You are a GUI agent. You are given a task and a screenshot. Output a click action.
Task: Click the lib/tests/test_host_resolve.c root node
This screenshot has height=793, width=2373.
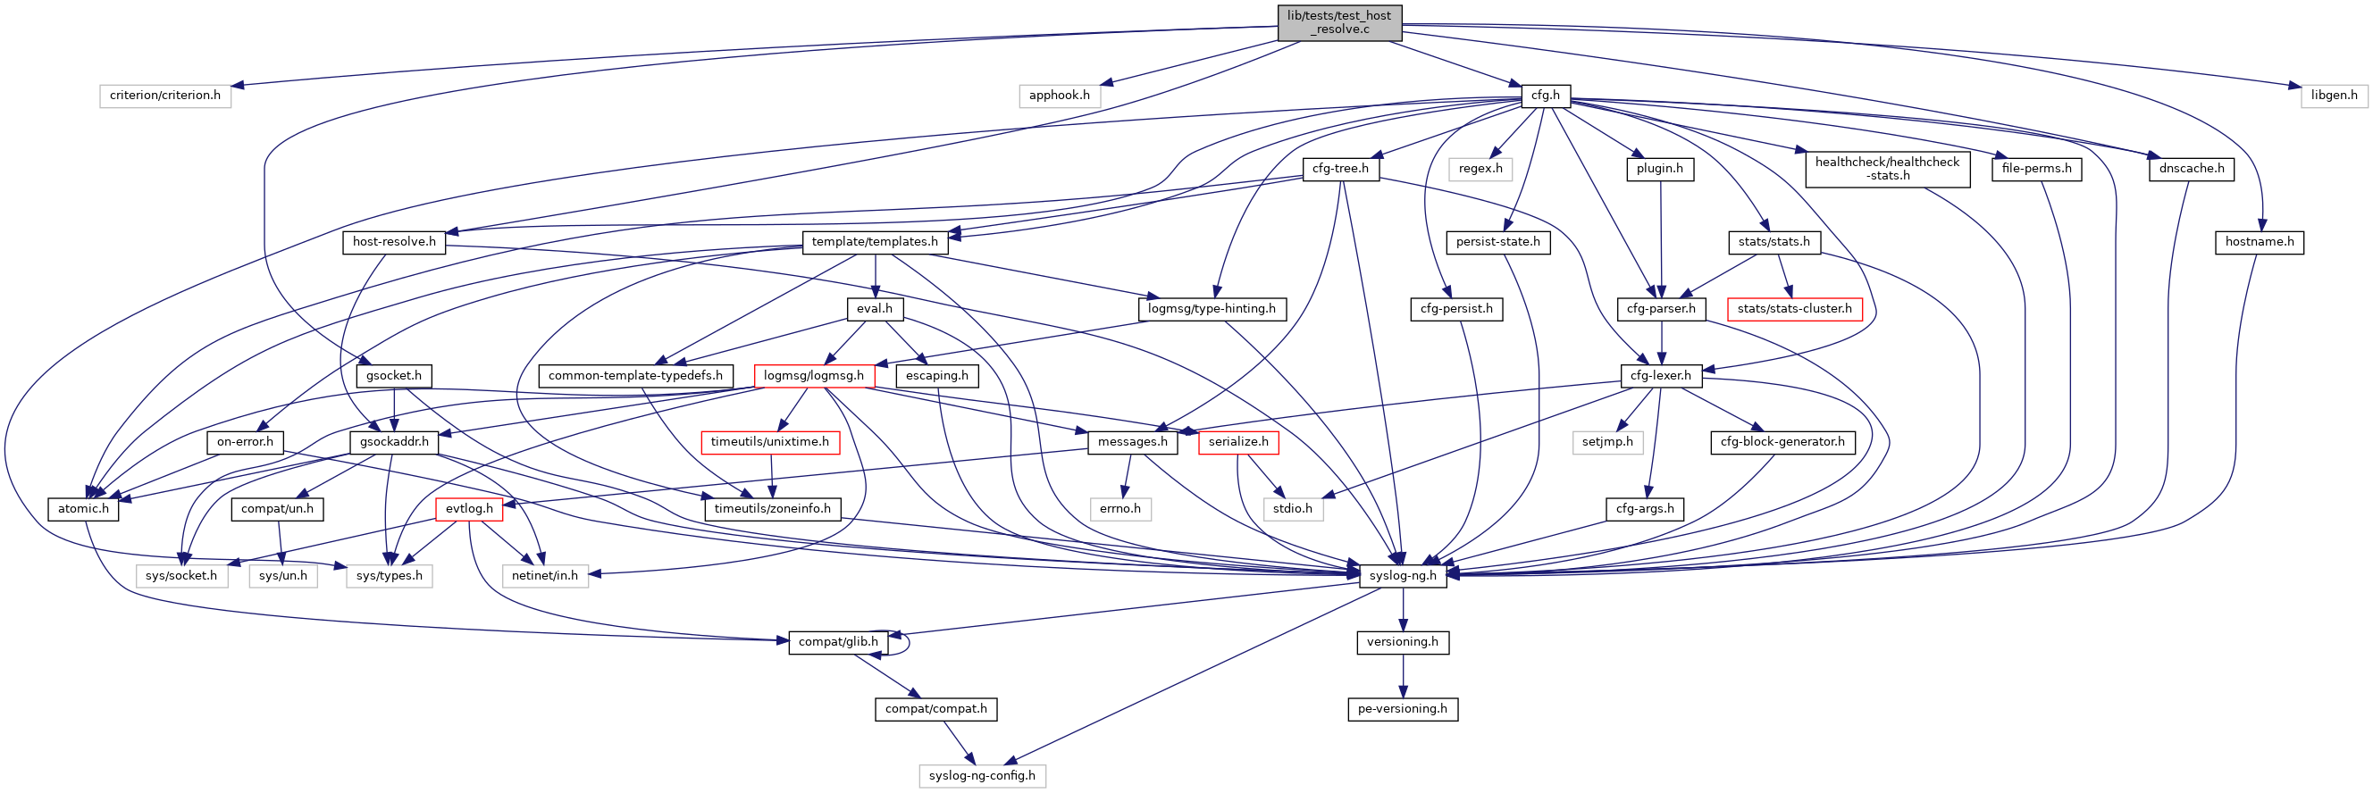tap(1339, 22)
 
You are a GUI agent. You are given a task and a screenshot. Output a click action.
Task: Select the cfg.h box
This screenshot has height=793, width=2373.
tap(1545, 95)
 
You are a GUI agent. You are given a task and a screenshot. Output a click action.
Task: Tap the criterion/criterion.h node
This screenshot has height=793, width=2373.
tap(165, 95)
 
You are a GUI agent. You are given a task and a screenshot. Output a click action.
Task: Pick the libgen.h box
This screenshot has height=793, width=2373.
tap(2334, 95)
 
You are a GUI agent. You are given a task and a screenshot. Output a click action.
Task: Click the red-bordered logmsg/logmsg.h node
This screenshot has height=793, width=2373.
tap(813, 375)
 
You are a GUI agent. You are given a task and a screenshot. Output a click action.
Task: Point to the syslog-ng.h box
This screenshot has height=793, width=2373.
tap(1402, 575)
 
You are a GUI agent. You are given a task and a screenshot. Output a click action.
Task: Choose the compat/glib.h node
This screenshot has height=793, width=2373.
tap(837, 641)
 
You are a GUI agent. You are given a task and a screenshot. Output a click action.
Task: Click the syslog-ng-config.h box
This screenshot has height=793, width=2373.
tap(981, 774)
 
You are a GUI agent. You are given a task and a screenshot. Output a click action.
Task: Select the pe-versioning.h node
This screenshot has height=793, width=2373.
tap(1402, 708)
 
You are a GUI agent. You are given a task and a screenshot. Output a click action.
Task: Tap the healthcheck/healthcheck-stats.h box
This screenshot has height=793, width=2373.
tap(1887, 169)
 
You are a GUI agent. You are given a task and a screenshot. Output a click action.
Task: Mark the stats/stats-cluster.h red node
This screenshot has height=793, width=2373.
tap(1793, 309)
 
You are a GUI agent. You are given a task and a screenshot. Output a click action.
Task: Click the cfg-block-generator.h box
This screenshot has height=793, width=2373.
tap(1782, 441)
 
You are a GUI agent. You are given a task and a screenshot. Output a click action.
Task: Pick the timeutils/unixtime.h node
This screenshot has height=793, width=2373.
tap(769, 441)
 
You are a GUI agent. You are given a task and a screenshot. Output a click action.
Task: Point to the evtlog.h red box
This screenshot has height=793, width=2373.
tap(469, 508)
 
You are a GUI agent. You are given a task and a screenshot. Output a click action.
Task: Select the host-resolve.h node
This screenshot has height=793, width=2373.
tap(393, 241)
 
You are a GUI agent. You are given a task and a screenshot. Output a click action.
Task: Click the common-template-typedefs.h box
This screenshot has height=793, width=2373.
tap(634, 375)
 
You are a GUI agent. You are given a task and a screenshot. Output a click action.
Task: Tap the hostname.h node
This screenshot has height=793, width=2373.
tap(2259, 241)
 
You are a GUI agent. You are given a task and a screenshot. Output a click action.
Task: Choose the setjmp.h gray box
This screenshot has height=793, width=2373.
tap(1606, 441)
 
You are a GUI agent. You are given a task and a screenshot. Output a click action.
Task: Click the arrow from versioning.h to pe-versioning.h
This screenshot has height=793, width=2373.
tap(1403, 676)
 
